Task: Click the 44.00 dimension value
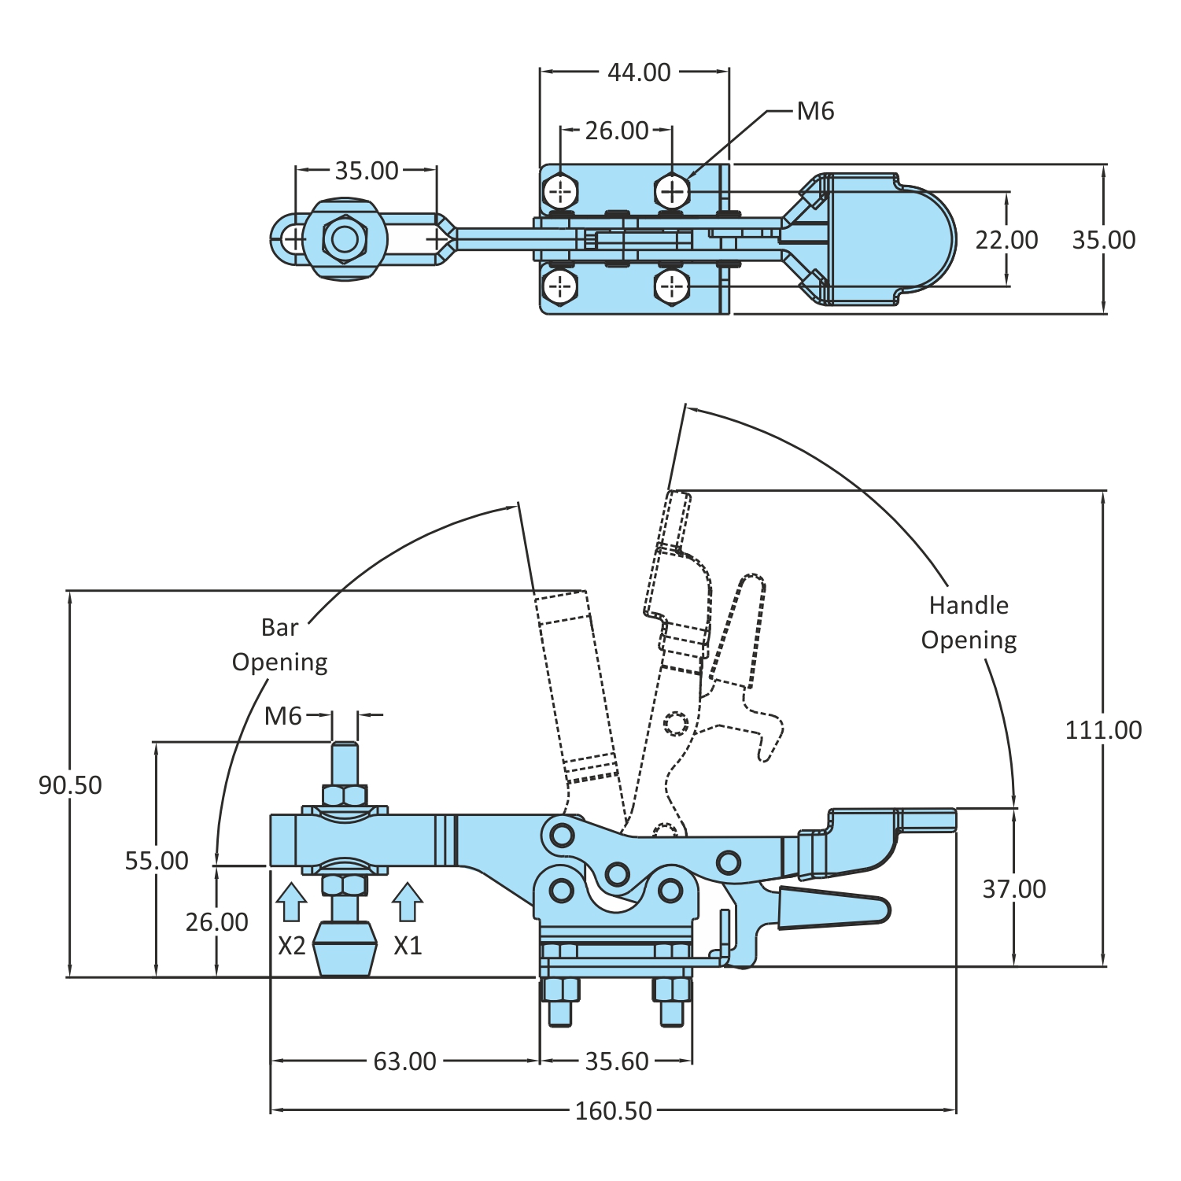point(639,72)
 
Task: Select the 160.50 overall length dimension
point(613,1111)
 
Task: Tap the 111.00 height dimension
point(1103,730)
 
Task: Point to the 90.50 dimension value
point(70,785)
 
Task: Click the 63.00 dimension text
point(404,1061)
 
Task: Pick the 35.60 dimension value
point(617,1061)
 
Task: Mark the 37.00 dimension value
point(1014,889)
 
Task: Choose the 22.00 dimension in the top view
point(1006,240)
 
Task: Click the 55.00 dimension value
point(157,861)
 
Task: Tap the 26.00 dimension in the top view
point(617,131)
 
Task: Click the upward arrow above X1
point(407,902)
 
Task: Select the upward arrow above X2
point(291,902)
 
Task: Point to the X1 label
point(408,945)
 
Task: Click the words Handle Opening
point(969,622)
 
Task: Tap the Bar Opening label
point(280,644)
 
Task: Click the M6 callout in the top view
point(815,112)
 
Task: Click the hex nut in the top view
point(345,238)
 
